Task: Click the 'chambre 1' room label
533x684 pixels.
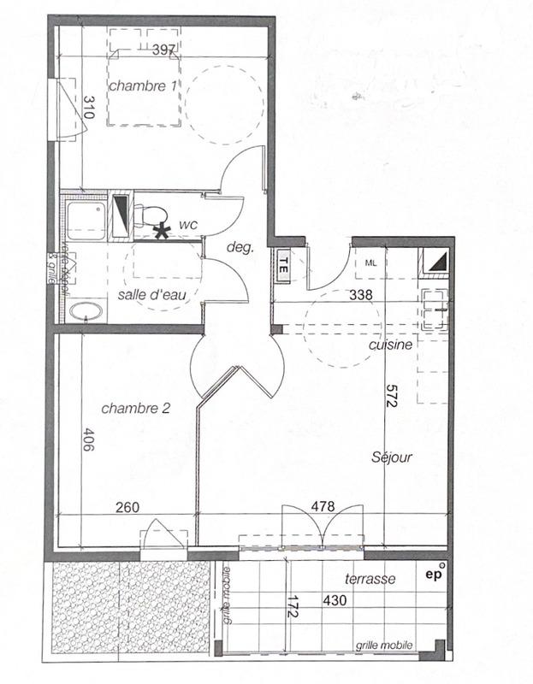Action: tap(142, 85)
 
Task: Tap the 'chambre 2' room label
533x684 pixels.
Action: tap(135, 409)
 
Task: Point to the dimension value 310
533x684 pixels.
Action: tap(88, 107)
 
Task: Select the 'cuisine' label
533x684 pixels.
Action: tap(390, 345)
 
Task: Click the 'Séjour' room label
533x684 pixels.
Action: tap(392, 457)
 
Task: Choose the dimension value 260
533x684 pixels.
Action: tap(127, 506)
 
